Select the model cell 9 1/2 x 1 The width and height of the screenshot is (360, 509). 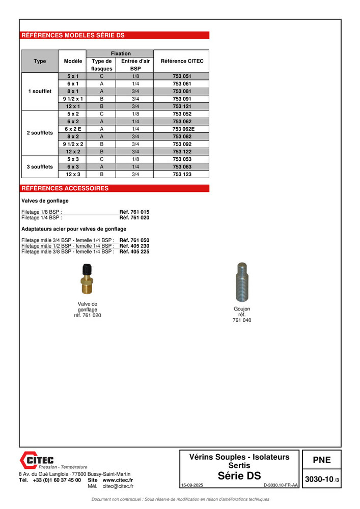(x=73, y=98)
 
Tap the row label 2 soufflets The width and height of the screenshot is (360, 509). (x=40, y=133)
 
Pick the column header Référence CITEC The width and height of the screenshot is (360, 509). (x=182, y=61)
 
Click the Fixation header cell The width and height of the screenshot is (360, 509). (x=120, y=53)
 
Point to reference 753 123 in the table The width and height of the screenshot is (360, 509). (x=182, y=174)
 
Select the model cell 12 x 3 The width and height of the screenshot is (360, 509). (x=73, y=174)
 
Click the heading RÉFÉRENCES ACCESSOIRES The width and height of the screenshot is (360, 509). (x=65, y=188)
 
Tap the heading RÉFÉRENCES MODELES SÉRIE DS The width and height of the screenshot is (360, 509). (x=72, y=36)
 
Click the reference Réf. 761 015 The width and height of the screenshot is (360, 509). (x=134, y=212)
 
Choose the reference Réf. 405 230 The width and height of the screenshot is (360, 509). (x=134, y=246)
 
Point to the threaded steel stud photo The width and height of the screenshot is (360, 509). (x=242, y=282)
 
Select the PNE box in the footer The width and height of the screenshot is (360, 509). (x=321, y=460)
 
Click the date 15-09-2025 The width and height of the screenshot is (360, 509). (x=191, y=486)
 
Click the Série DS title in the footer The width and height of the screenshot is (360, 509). (x=239, y=476)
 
